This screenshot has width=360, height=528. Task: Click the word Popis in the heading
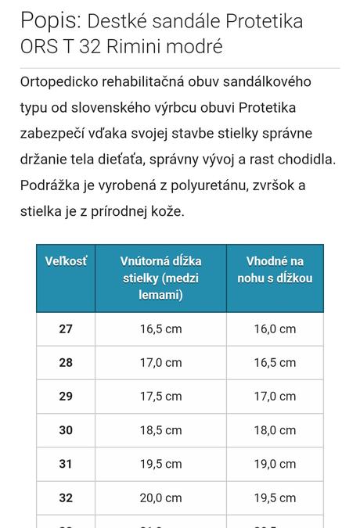(49, 20)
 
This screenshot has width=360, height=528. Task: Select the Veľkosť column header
(66, 261)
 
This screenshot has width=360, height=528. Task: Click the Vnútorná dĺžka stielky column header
(160, 278)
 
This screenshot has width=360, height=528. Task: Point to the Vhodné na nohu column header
(275, 270)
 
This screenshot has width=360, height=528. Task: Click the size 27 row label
(66, 329)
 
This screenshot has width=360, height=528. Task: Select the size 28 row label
(66, 363)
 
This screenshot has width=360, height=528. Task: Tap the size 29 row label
(66, 397)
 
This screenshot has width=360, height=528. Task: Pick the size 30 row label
(66, 430)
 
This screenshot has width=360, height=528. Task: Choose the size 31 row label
(66, 464)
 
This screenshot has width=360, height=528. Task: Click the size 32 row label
(66, 497)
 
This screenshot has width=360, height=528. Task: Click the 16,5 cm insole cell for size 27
(160, 329)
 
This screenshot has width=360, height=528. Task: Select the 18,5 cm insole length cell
(160, 430)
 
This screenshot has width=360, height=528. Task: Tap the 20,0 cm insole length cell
(160, 497)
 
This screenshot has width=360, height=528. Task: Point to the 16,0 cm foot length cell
(275, 329)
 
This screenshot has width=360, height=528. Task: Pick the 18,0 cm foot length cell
(275, 430)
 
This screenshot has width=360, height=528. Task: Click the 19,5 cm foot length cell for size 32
(275, 497)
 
